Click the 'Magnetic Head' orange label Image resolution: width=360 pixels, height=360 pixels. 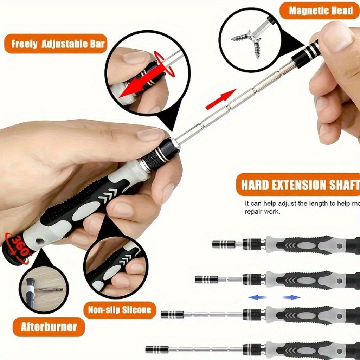(320, 11)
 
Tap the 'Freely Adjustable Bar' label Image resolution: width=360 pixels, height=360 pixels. (58, 44)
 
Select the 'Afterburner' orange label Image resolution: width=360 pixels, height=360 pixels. (49, 327)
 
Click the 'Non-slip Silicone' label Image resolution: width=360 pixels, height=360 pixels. (120, 310)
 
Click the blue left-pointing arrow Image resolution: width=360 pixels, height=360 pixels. (256, 297)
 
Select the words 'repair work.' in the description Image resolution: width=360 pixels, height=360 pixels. (262, 212)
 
